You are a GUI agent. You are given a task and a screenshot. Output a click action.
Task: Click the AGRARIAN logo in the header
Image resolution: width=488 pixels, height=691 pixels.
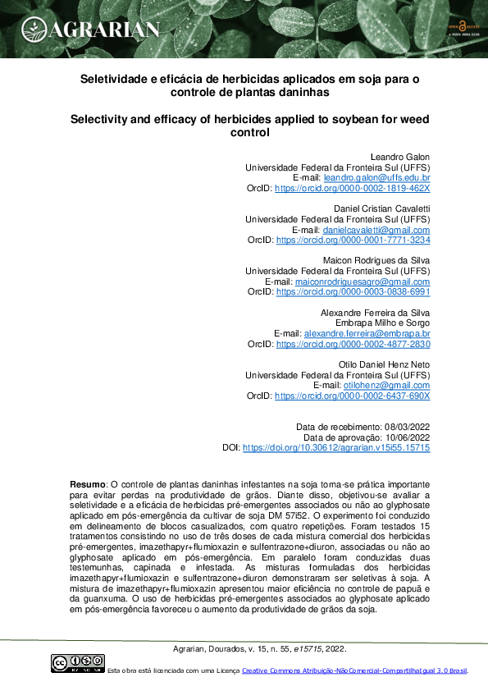tap(91, 30)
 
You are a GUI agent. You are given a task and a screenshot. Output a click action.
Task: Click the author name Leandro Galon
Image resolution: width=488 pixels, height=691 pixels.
tap(402, 157)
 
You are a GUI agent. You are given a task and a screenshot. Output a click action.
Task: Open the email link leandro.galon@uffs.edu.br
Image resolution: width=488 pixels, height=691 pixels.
tap(377, 177)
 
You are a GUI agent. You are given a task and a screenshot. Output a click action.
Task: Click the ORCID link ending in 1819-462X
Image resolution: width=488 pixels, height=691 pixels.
tap(352, 188)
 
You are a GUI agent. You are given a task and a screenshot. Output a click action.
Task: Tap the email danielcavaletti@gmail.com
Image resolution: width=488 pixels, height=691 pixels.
tap(376, 230)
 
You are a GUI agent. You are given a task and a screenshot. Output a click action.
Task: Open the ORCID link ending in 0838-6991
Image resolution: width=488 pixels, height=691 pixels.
tap(353, 291)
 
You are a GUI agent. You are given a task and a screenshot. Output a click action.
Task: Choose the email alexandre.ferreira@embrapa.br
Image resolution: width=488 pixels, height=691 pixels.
tap(367, 334)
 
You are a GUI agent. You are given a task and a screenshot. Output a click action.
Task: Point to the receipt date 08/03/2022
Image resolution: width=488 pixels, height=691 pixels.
tap(408, 427)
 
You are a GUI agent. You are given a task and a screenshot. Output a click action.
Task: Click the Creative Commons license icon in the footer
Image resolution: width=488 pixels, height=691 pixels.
tap(78, 662)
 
